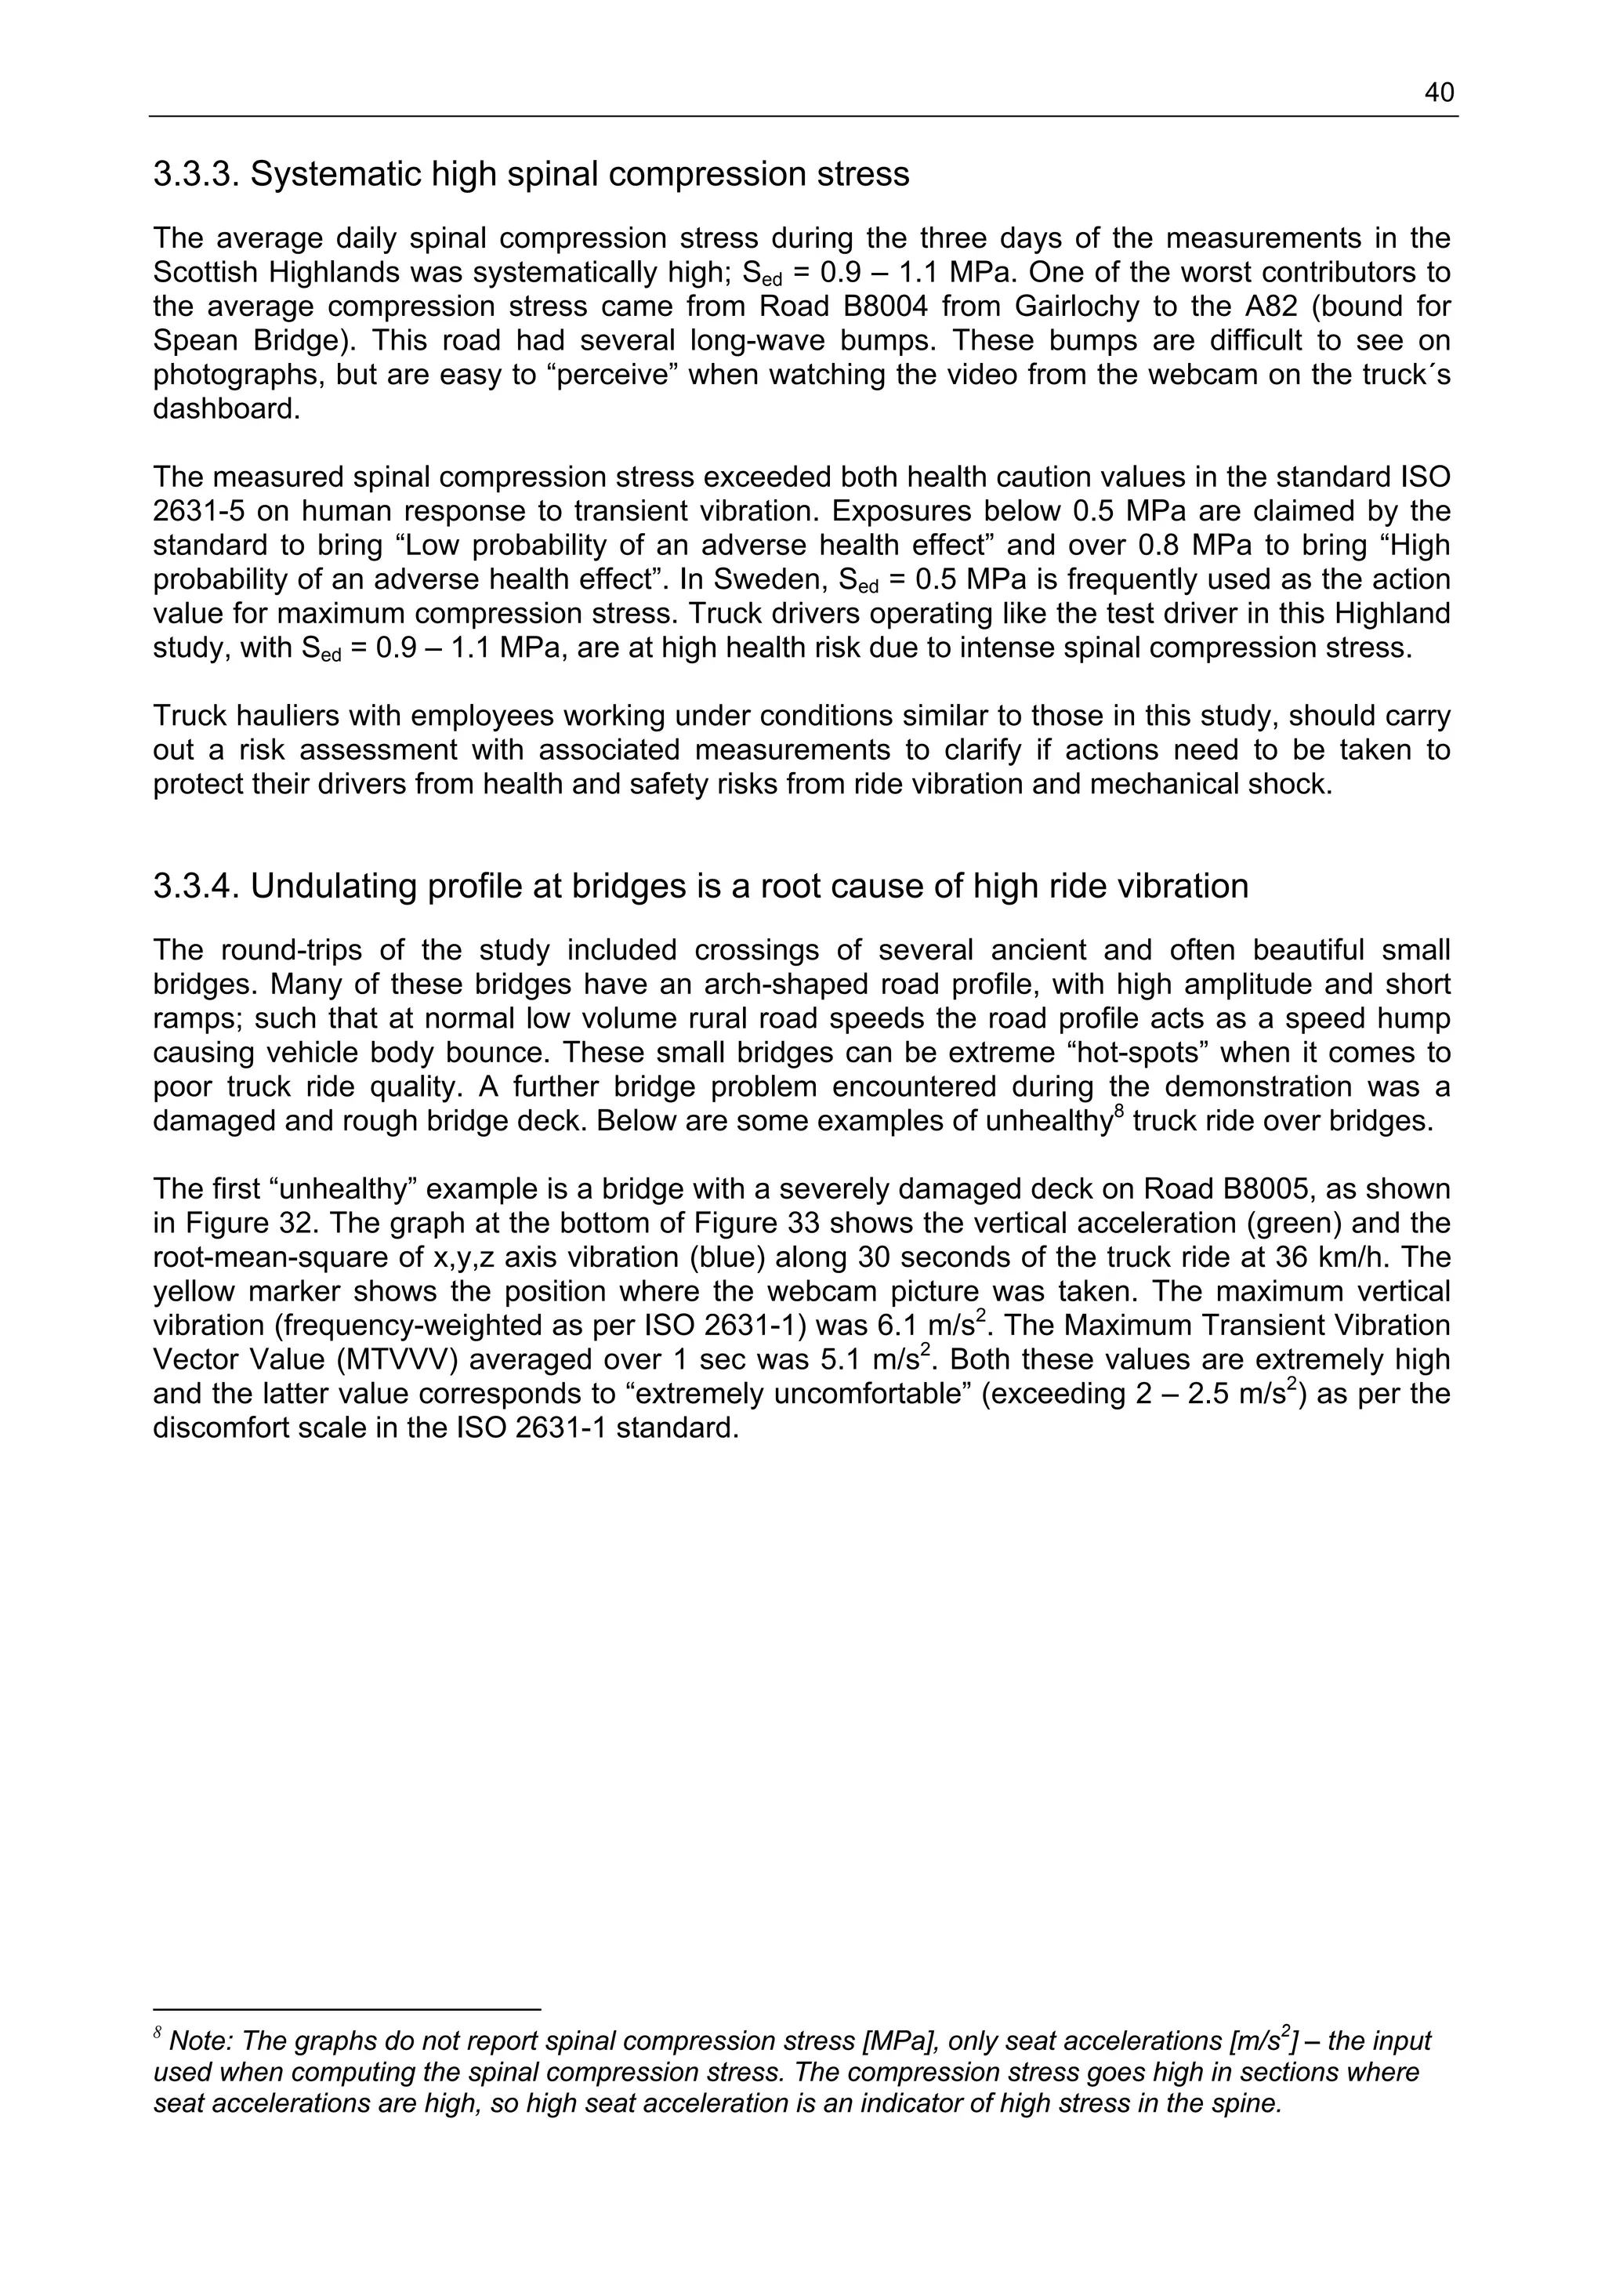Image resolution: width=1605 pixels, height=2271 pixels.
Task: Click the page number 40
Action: [x=1439, y=93]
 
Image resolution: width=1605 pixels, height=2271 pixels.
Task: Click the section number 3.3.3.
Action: [x=196, y=175]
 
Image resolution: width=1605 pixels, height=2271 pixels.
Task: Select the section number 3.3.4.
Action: [x=196, y=887]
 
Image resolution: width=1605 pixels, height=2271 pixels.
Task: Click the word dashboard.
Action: [x=226, y=409]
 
